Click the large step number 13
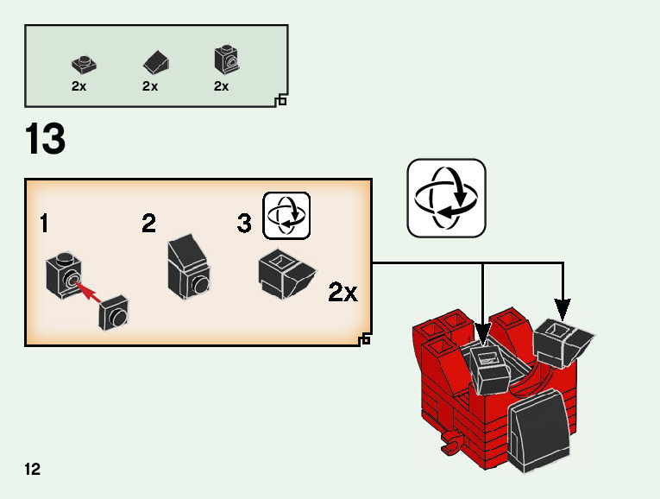(x=45, y=138)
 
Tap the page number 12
(x=33, y=469)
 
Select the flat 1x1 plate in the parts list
(x=85, y=65)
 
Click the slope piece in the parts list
(x=156, y=62)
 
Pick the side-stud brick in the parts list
(x=227, y=60)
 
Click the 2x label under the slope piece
(x=150, y=86)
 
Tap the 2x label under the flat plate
(x=79, y=86)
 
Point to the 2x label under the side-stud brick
(x=221, y=86)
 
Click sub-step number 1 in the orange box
(x=44, y=223)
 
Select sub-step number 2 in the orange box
(x=148, y=223)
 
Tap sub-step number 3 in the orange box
(x=244, y=224)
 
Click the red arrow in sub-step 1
(x=87, y=291)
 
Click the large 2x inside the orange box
(x=343, y=292)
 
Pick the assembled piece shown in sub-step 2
(x=189, y=268)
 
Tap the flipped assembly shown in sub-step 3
(x=286, y=274)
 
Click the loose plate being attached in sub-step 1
(x=114, y=313)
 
